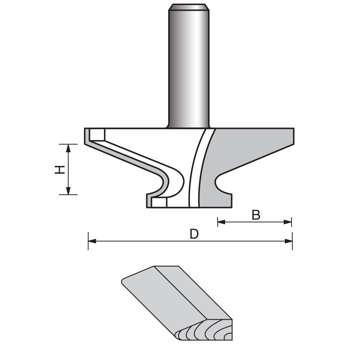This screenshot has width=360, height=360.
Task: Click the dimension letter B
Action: (x=256, y=215)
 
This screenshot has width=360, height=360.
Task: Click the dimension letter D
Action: (x=194, y=234)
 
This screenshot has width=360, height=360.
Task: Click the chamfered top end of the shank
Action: (x=189, y=7)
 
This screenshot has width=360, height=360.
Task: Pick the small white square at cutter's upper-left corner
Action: (x=97, y=135)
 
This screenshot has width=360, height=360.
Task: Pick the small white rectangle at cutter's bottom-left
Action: (x=159, y=203)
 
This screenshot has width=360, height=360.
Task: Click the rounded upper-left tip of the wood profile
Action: (x=124, y=280)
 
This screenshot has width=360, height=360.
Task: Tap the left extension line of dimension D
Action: (x=88, y=245)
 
